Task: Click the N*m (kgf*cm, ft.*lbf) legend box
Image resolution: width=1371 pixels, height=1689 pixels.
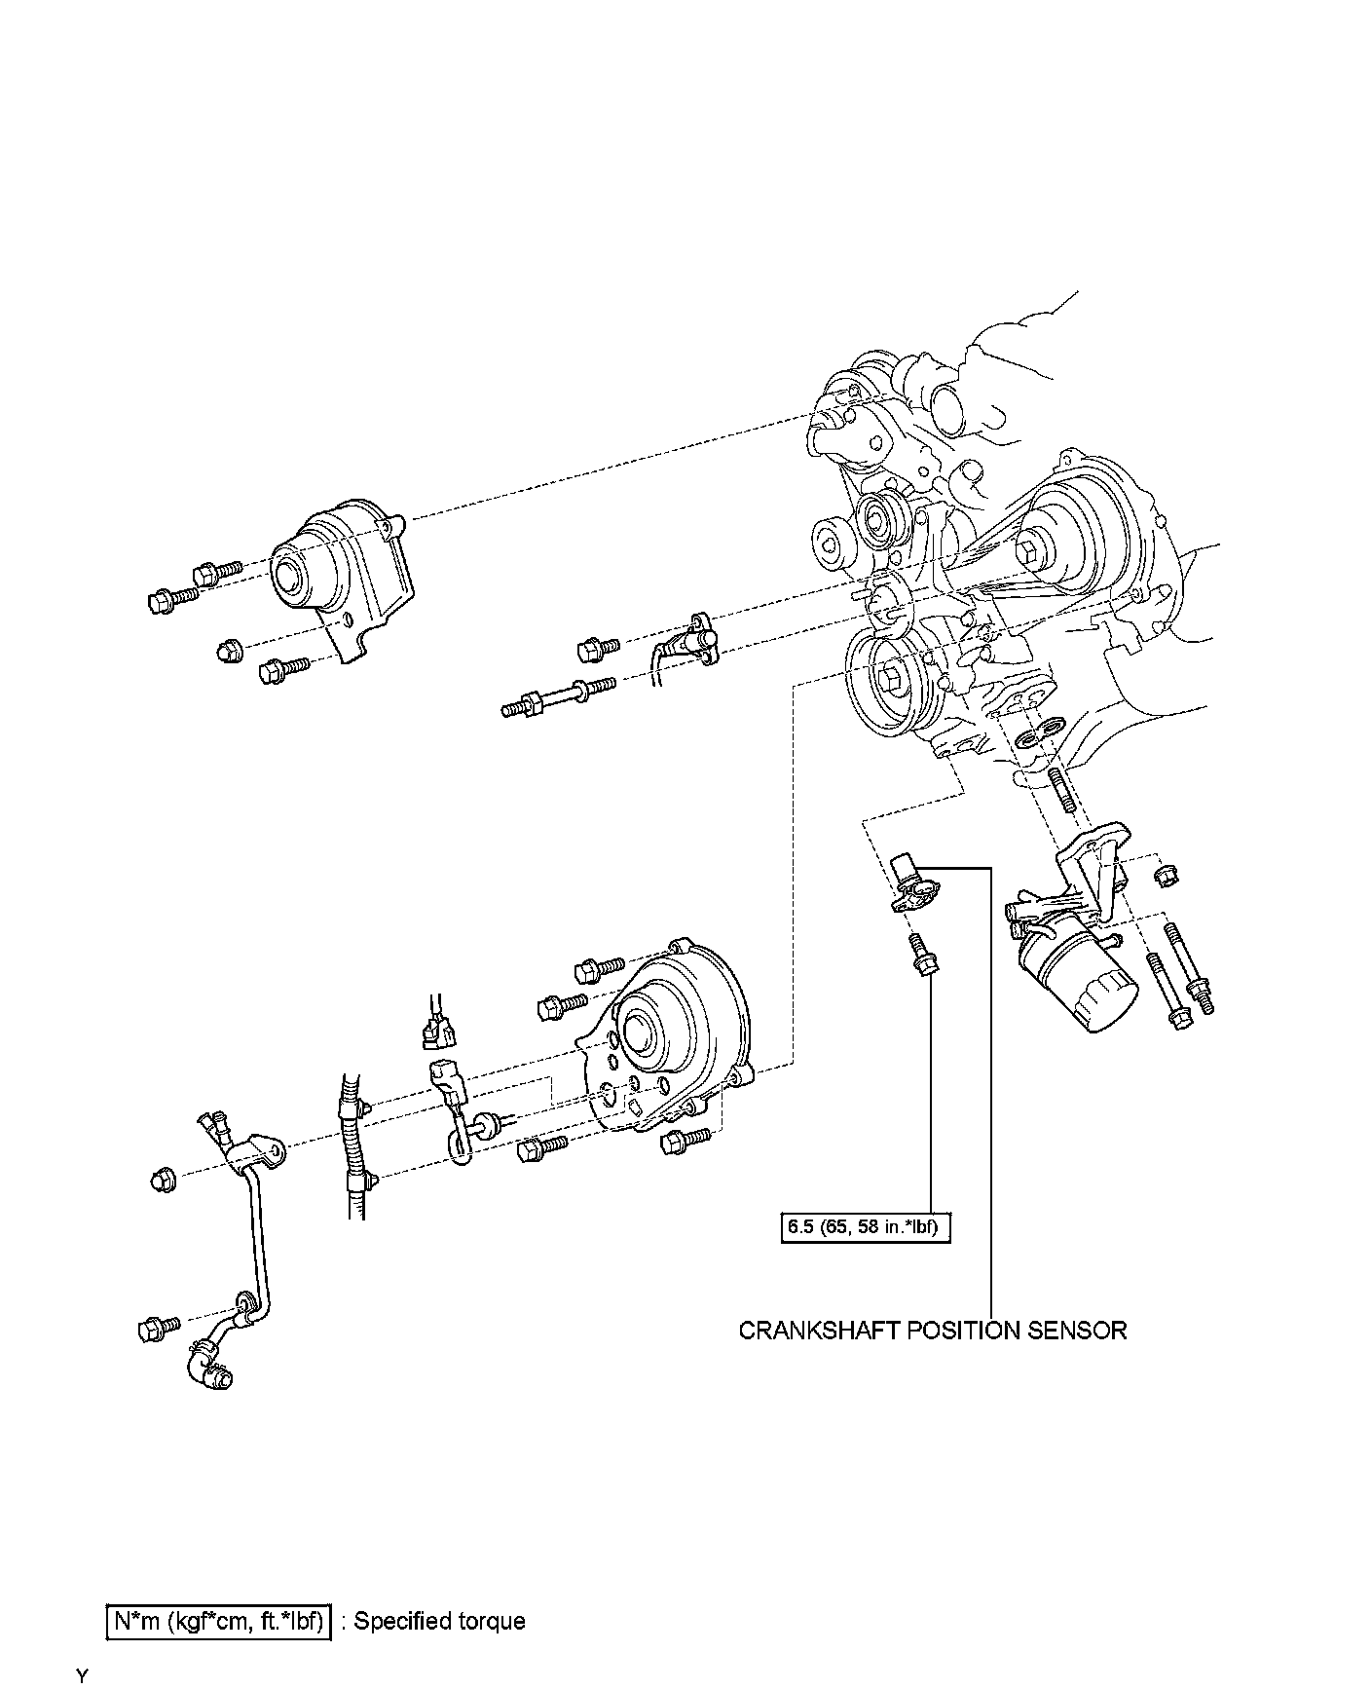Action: tap(218, 1622)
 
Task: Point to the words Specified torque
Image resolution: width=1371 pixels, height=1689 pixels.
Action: tap(439, 1622)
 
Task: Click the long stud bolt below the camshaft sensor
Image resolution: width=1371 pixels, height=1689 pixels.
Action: tap(557, 697)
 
